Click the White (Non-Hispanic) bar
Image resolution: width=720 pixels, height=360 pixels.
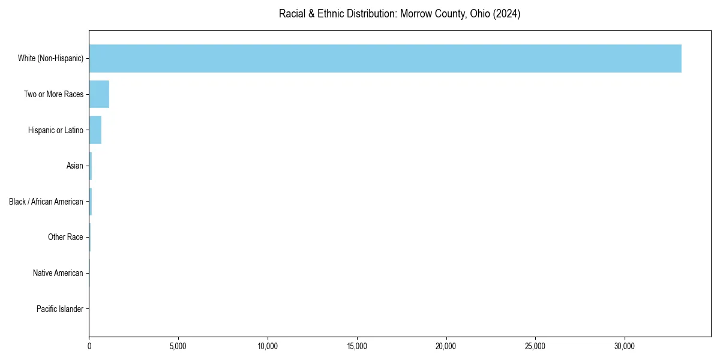[385, 58]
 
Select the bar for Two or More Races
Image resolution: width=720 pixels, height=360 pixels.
[99, 94]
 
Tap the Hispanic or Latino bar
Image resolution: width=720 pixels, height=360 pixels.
[95, 130]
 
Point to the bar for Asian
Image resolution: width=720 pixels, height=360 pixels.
[91, 166]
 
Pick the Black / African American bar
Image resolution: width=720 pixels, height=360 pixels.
[91, 202]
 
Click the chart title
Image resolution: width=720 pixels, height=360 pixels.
[400, 14]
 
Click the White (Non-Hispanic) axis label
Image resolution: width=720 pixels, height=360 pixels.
[50, 58]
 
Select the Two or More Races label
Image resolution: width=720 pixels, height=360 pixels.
[53, 94]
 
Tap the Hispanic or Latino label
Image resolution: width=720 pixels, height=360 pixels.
[55, 130]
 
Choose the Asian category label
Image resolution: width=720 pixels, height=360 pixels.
[74, 166]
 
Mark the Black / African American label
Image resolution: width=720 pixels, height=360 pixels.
[46, 202]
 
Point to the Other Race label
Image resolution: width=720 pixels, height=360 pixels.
[65, 238]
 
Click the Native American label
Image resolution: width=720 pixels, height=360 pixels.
[58, 273]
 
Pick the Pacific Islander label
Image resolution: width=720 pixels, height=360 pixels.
[59, 309]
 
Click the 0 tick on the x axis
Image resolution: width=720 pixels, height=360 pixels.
[89, 346]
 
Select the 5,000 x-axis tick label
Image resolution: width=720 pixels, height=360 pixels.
[178, 346]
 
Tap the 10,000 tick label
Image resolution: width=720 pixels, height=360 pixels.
[268, 346]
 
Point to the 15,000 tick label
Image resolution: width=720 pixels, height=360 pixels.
[357, 346]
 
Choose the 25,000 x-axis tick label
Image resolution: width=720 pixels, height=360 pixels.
[535, 346]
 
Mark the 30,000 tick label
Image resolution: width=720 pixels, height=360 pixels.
[625, 346]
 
